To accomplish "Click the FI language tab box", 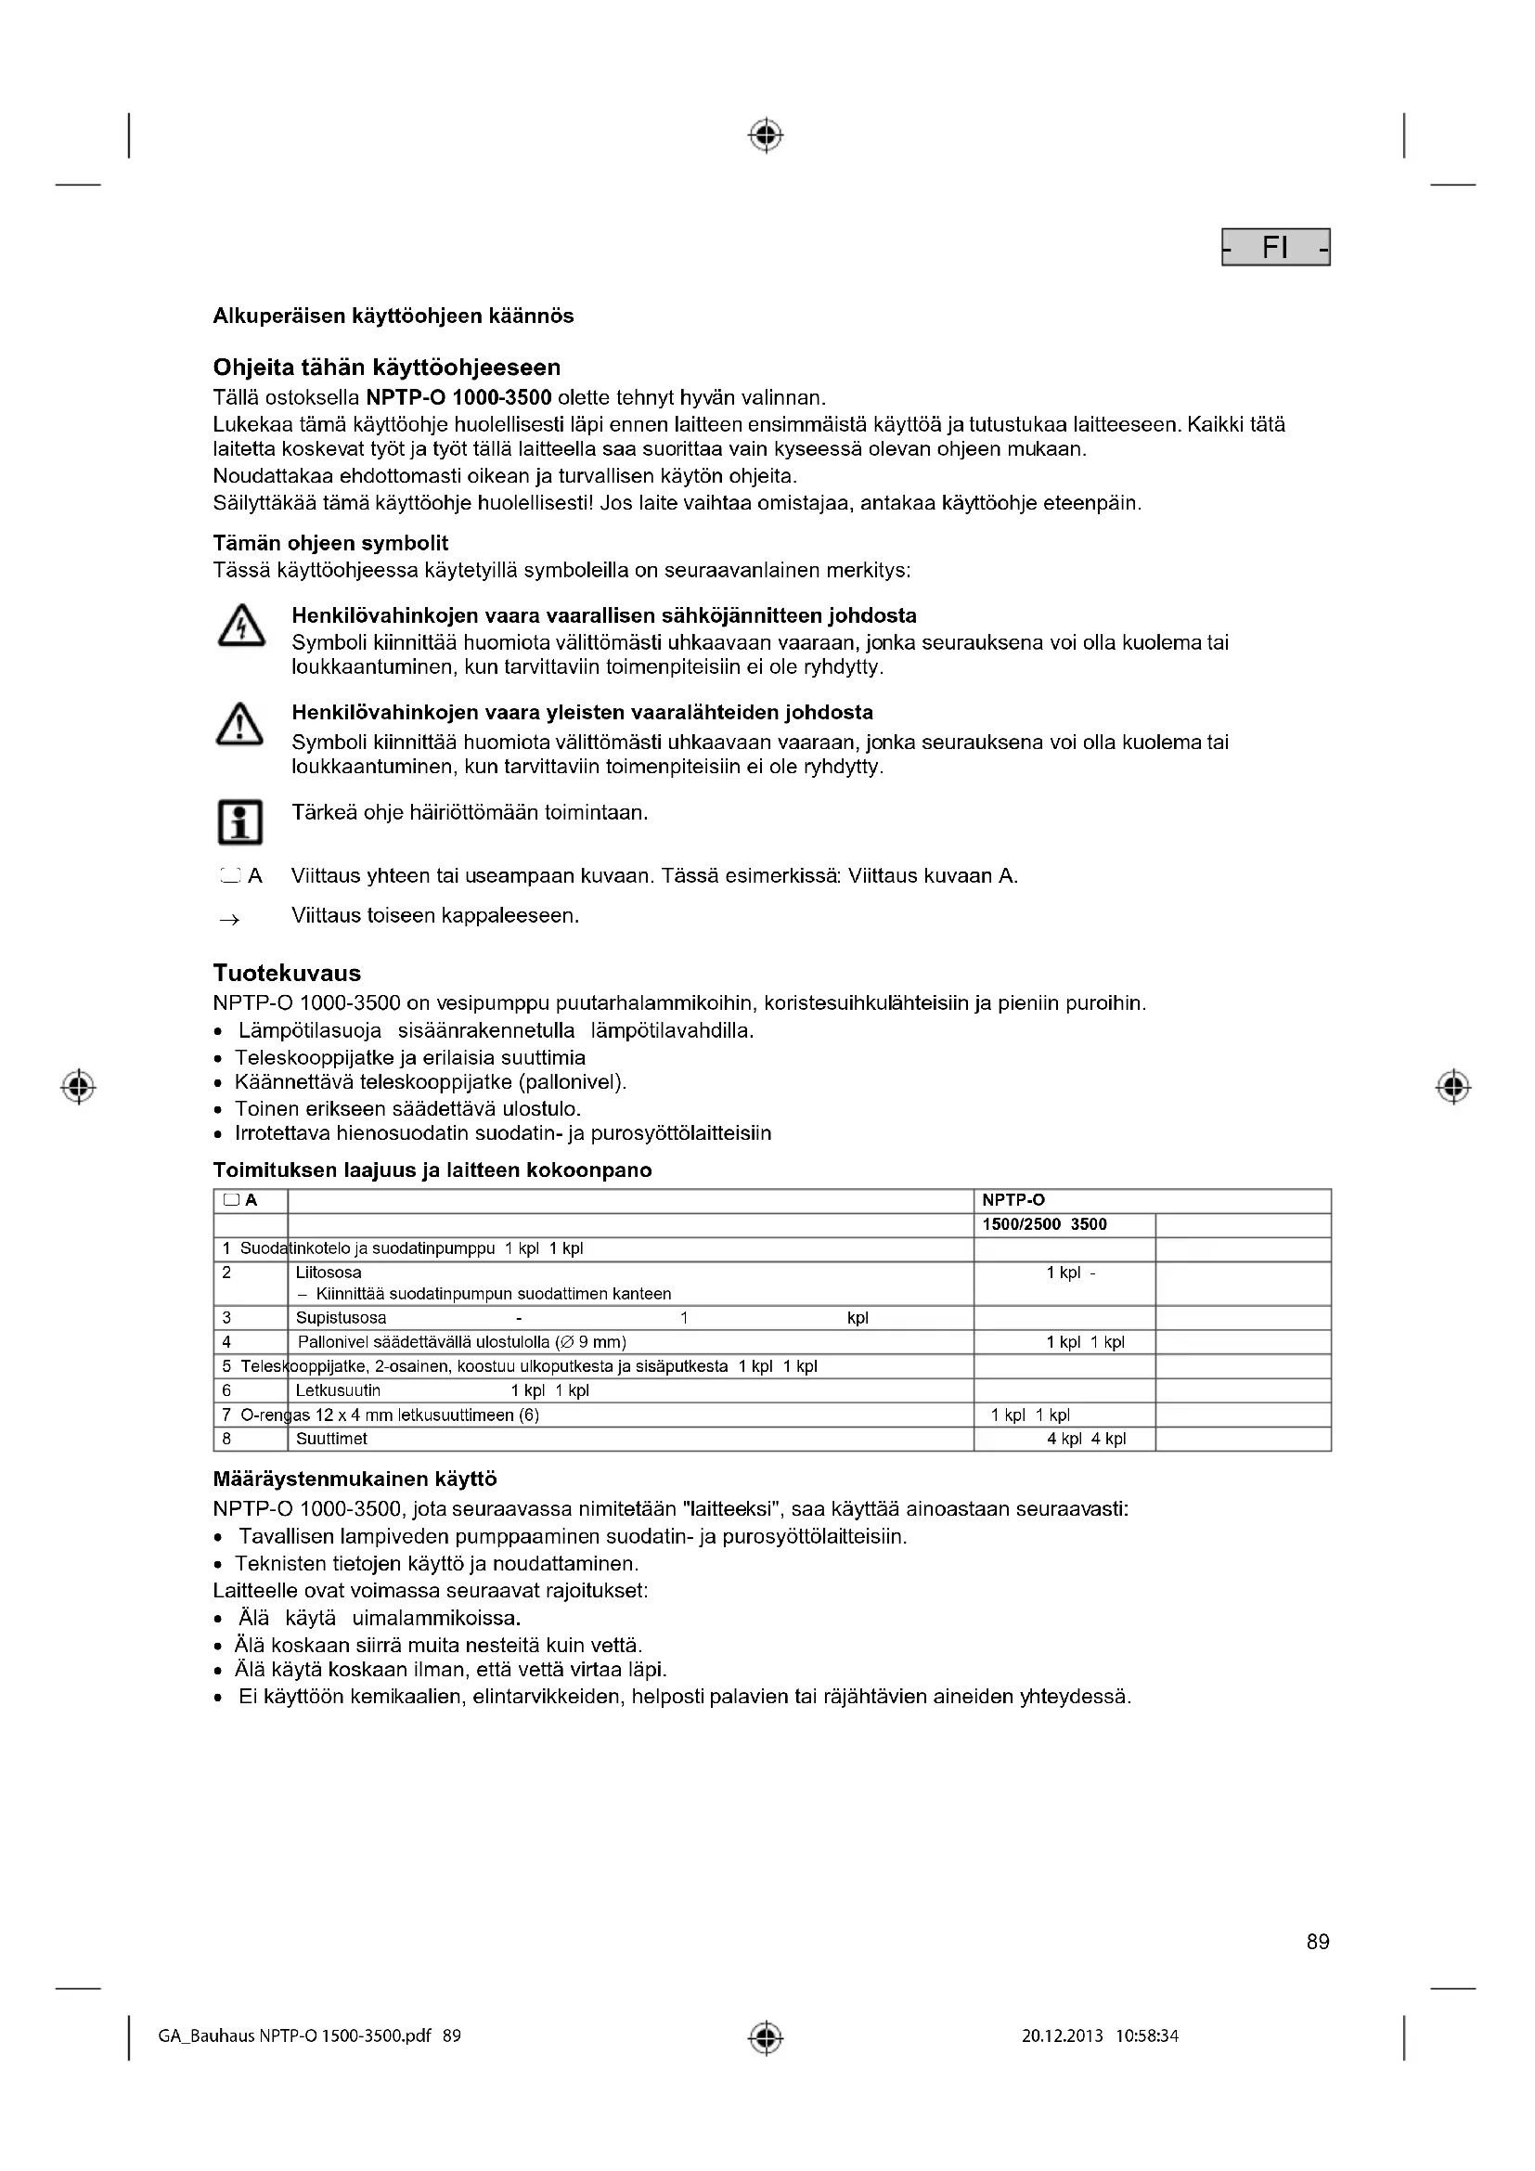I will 1275,248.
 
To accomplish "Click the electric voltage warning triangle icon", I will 240,626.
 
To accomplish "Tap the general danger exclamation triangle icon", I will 240,724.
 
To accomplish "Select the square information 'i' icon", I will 240,821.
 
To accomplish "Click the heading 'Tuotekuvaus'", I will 287,973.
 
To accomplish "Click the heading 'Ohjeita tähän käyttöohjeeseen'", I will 387,367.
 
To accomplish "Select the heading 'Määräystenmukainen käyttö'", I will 355,1478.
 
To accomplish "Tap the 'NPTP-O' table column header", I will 1013,1200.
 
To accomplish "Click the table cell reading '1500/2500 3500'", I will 1044,1224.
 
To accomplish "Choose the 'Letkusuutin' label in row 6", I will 339,1390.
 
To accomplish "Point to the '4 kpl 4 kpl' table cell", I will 1086,1440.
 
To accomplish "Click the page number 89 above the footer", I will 1318,1941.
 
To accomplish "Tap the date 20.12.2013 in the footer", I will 1062,2035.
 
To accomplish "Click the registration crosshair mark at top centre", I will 766,136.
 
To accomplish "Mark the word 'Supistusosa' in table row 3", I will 342,1318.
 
